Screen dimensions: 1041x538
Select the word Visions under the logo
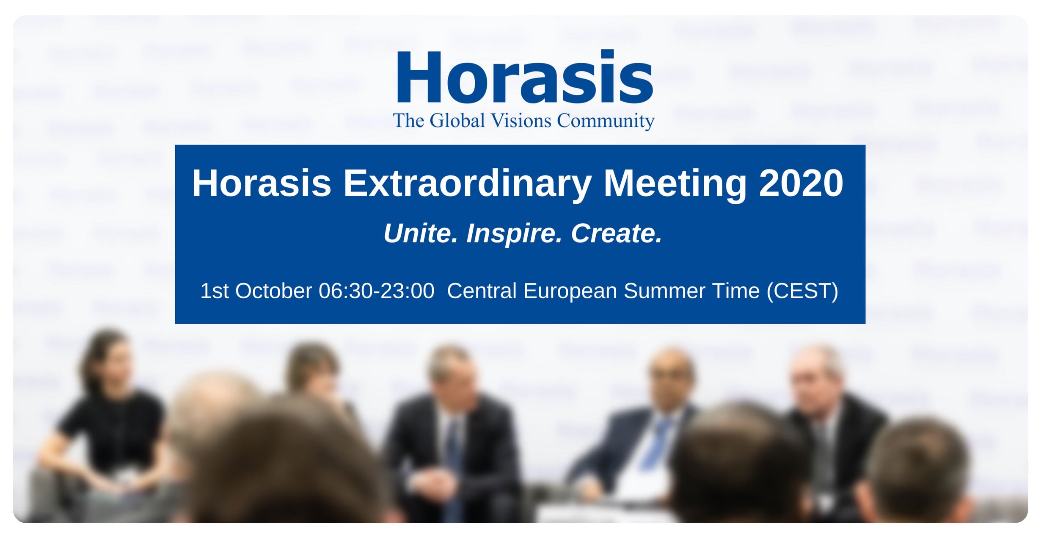[521, 121]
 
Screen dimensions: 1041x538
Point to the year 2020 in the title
[801, 183]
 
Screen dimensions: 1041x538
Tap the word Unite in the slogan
[421, 233]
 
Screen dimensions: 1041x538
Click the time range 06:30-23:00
[377, 291]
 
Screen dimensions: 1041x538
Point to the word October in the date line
[274, 291]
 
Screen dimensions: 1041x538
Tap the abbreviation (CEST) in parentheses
[802, 291]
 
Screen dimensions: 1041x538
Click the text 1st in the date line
[215, 291]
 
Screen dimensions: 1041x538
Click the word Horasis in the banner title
[262, 183]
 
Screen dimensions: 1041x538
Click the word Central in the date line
[482, 291]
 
